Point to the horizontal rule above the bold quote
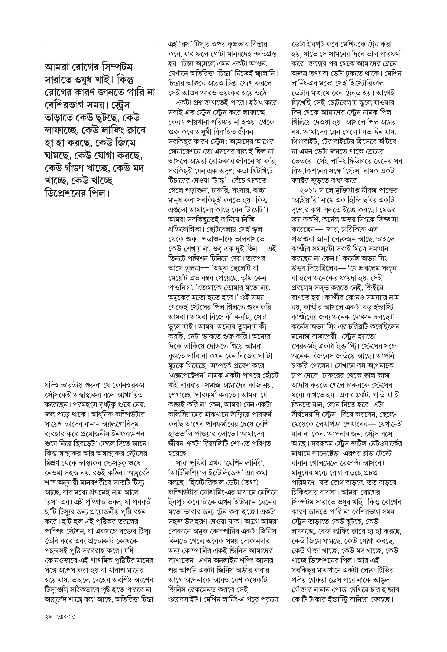click(100, 41)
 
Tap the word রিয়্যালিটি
click(224, 444)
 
